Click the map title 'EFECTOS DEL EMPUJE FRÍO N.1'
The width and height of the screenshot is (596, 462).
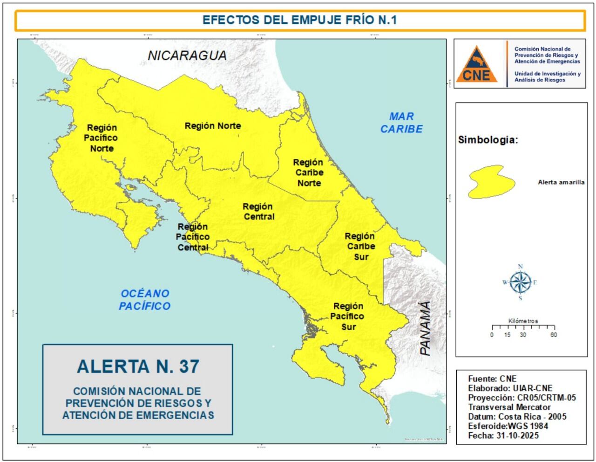coord(299,20)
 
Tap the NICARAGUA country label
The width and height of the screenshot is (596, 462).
coord(187,55)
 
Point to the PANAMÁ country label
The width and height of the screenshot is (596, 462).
coord(425,328)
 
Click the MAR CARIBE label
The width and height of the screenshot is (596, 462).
coord(401,123)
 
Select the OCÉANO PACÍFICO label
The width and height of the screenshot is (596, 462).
coord(145,300)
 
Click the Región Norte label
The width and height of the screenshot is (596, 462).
coord(213,126)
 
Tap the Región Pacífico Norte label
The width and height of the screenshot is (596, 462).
coord(102,138)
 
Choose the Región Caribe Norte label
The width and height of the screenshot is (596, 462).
coord(308,172)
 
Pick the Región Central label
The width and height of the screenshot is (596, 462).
coord(258,212)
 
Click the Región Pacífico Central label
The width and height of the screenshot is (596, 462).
coord(193,237)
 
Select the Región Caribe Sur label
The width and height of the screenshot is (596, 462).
coord(360,247)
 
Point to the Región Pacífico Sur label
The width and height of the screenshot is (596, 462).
coord(348,317)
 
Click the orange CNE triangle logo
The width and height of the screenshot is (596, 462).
coord(476,64)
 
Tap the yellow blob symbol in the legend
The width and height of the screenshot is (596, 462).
coord(491,182)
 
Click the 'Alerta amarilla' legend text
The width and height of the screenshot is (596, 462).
coord(561,182)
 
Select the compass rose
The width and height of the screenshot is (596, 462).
coord(520,282)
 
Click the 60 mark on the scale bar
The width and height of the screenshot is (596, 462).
coord(553,335)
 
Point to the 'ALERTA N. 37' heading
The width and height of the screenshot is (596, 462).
coord(138,366)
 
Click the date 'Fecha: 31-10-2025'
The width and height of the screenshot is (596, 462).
coord(503,435)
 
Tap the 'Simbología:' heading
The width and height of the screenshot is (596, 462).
coord(488,140)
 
